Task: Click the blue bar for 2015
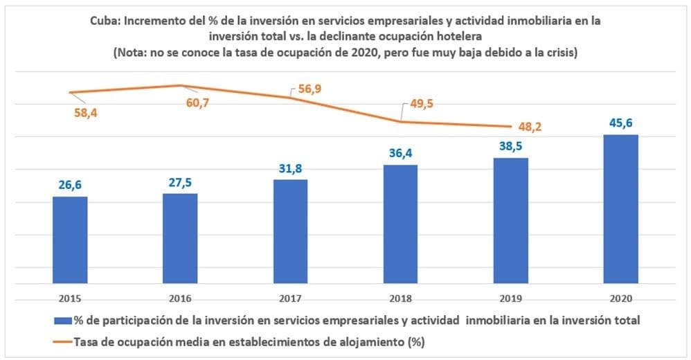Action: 70,240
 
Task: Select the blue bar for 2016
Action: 180,238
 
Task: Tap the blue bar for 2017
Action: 290,231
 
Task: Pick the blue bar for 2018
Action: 400,224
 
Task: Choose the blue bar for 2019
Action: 510,220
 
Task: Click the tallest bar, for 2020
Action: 620,208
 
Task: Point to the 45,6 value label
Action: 620,123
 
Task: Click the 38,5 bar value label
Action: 510,147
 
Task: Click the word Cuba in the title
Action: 105,21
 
